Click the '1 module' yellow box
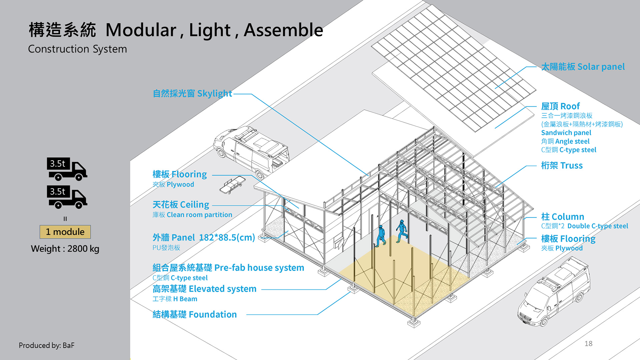[x=65, y=232]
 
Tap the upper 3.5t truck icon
[x=67, y=169]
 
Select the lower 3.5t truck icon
[x=67, y=197]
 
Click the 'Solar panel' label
[x=583, y=67]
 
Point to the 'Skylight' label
[x=192, y=94]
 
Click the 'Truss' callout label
[x=562, y=166]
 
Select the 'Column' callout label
[x=563, y=217]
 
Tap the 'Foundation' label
[x=195, y=314]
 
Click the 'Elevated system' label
[x=204, y=289]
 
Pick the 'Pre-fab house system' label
[x=228, y=268]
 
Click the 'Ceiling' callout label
[x=181, y=205]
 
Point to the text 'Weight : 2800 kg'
[x=65, y=249]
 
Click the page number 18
[x=588, y=344]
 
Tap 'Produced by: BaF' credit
[x=46, y=345]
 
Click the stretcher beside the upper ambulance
[x=232, y=185]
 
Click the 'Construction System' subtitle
[x=77, y=49]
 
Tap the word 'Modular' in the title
[x=141, y=30]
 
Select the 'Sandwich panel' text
[x=566, y=133]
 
